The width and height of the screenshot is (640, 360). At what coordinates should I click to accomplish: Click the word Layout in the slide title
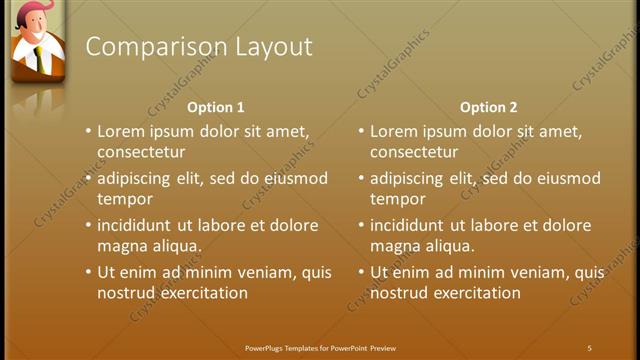273,47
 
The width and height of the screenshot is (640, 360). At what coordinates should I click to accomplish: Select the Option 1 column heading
216,107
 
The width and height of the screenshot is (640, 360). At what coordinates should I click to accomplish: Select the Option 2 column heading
488,107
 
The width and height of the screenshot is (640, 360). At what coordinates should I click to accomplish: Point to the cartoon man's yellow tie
36,58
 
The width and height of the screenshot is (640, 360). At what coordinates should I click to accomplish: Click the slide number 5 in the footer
589,348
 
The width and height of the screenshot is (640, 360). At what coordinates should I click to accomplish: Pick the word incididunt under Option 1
137,225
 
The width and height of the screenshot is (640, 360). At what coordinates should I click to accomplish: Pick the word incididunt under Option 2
410,225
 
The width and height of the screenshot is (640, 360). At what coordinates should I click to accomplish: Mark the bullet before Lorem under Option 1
88,131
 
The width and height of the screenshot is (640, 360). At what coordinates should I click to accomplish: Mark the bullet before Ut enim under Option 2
361,271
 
